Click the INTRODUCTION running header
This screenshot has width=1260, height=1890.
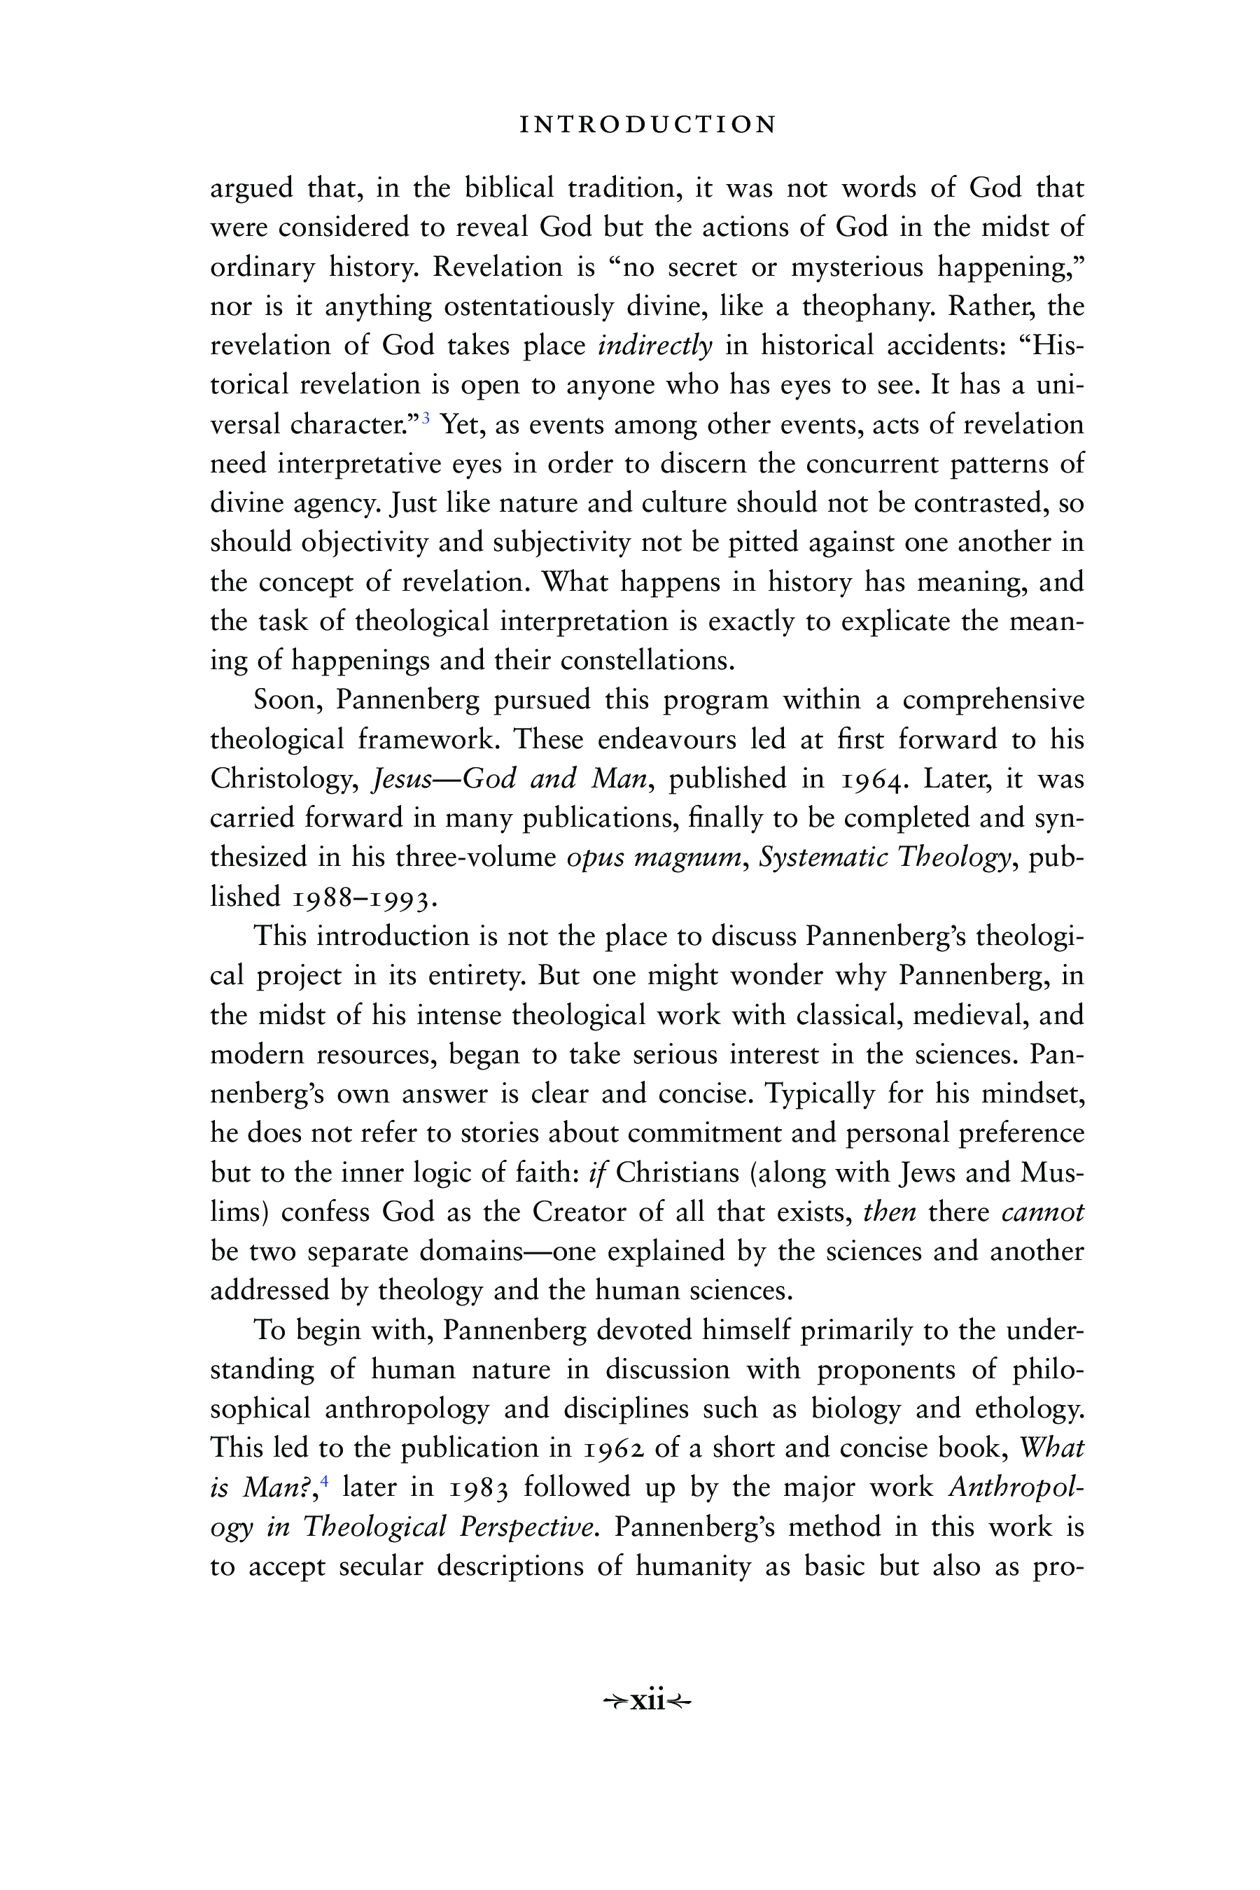click(648, 125)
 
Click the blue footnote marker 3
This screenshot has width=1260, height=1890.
click(427, 417)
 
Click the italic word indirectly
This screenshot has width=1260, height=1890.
click(655, 346)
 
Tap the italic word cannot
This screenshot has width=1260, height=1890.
click(1042, 1212)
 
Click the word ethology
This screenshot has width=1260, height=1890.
click(1030, 1410)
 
